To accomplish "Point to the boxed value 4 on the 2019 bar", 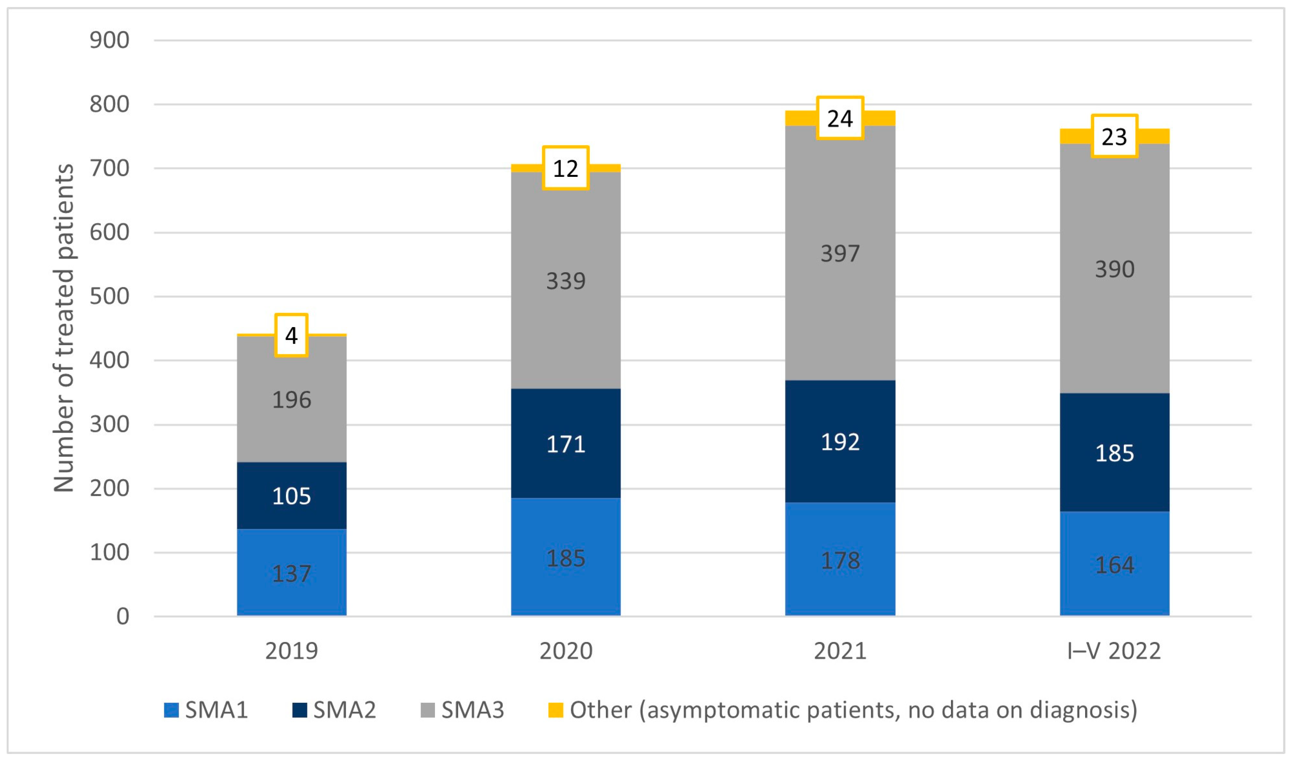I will [x=291, y=335].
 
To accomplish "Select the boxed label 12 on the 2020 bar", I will [x=565, y=168].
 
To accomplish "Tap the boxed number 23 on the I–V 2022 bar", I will [x=1114, y=136].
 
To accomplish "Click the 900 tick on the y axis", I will [x=110, y=40].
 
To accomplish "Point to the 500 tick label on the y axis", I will [x=110, y=296].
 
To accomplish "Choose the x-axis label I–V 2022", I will [x=1113, y=651].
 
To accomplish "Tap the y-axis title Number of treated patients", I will [x=64, y=329].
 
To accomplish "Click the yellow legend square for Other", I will [x=555, y=710].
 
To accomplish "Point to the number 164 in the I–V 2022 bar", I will [x=1114, y=565].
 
